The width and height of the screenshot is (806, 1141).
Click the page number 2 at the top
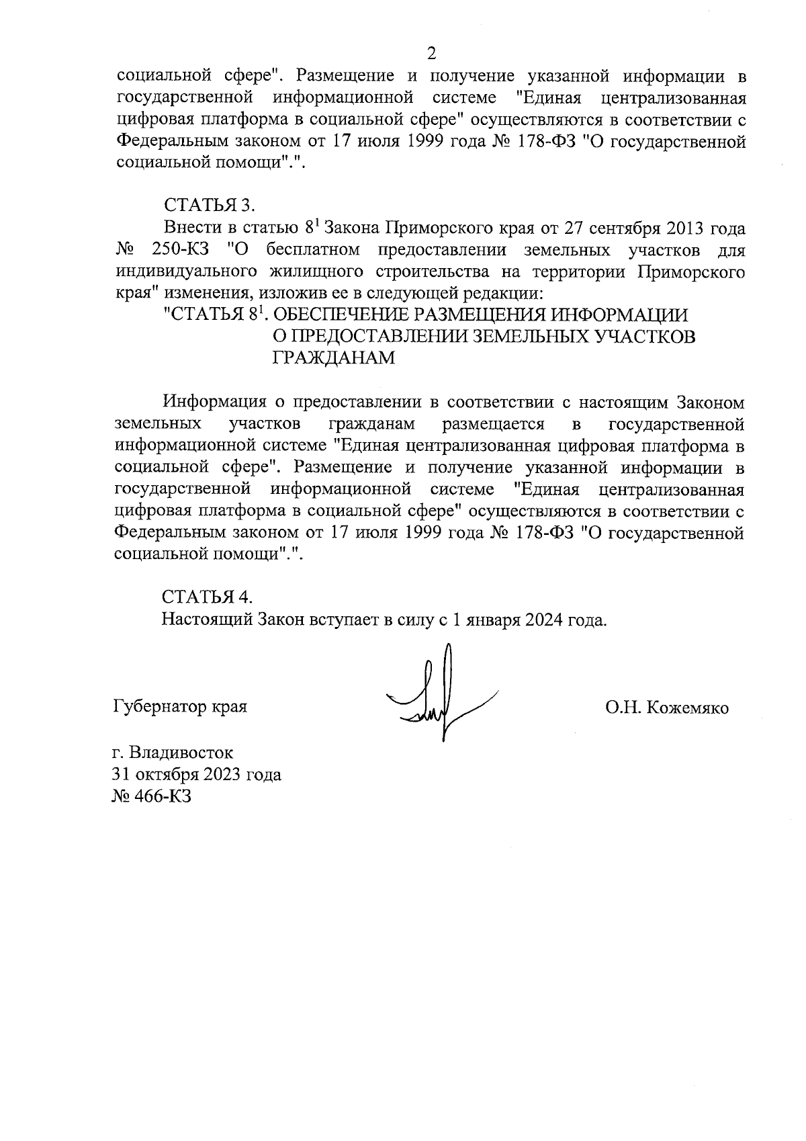coord(431,53)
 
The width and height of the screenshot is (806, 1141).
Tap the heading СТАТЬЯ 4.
coord(208,597)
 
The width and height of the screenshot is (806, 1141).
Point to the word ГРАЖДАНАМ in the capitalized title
coord(333,357)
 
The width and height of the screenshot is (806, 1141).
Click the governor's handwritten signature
coord(440,699)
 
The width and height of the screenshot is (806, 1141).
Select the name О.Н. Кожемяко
coord(666,708)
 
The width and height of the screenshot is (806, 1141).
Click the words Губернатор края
coord(180,708)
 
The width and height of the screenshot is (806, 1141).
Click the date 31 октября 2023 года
coord(196,775)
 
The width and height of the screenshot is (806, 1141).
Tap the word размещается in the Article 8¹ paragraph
coord(493,425)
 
